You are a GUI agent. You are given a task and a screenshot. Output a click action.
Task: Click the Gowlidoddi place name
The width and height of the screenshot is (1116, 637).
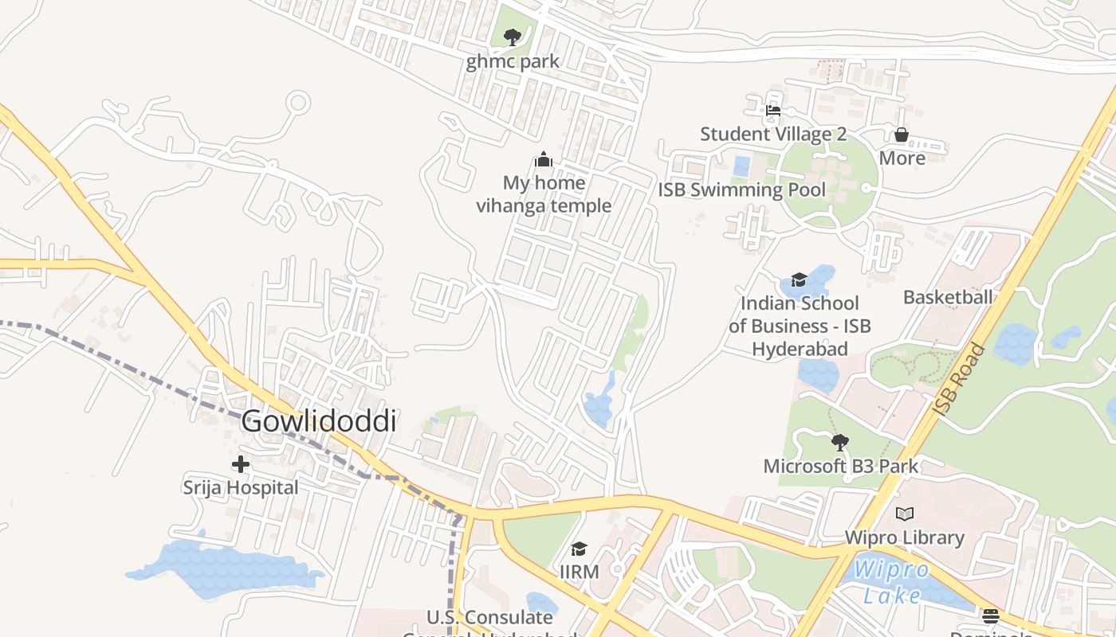(x=318, y=421)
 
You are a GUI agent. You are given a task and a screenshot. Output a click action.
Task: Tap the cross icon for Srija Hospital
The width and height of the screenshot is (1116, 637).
(x=240, y=464)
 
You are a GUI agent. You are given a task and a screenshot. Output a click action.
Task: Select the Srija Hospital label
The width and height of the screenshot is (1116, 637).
(x=241, y=487)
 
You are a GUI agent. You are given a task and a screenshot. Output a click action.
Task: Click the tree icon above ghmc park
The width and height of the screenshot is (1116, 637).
(x=513, y=37)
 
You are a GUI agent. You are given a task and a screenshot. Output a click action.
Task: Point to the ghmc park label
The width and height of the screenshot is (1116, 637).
(x=513, y=61)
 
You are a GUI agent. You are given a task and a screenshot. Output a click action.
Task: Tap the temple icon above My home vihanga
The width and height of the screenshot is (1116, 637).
(x=544, y=159)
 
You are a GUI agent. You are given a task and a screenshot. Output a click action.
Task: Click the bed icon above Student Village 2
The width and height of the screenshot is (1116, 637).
(x=772, y=111)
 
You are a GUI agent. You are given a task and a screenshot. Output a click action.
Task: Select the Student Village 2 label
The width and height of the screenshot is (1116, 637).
(x=773, y=134)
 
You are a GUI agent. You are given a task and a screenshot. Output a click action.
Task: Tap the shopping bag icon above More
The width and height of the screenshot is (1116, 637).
(x=902, y=135)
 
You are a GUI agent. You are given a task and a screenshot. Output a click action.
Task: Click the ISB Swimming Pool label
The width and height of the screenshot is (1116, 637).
(x=742, y=190)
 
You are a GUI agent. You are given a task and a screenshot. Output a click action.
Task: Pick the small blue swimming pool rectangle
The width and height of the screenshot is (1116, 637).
(x=741, y=166)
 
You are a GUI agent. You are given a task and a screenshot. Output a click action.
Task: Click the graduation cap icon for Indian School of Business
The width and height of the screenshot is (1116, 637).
(x=799, y=279)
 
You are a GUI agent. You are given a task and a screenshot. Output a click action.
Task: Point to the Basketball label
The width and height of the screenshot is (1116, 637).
(x=948, y=297)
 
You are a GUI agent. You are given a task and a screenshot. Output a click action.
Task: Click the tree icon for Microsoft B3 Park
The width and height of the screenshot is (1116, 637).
(x=839, y=442)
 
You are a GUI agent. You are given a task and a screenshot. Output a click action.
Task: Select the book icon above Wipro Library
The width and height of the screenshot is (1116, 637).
(x=905, y=514)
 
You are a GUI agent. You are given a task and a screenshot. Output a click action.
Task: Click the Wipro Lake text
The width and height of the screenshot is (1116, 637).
(x=890, y=582)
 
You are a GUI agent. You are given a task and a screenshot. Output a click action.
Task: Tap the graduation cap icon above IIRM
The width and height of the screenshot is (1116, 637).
(x=579, y=549)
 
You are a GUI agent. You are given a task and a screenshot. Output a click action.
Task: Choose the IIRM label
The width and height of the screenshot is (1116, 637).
(x=580, y=572)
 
